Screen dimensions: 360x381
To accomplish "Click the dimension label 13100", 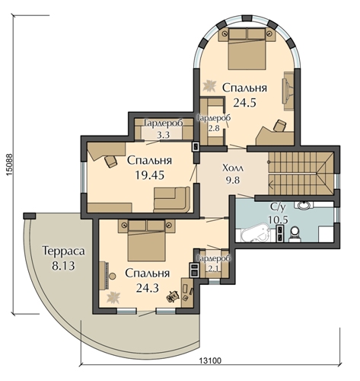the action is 210,360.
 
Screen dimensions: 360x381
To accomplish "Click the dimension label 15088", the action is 8,165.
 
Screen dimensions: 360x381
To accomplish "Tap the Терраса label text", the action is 63,251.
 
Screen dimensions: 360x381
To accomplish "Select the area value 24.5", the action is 244,103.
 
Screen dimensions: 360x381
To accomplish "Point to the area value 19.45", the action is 149,175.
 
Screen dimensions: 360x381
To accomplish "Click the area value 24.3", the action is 147,288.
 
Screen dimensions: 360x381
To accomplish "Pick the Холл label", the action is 233,168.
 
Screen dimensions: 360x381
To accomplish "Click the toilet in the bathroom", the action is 295,234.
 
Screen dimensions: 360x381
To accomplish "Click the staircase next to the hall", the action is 301,174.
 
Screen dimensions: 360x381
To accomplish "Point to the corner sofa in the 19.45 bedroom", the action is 172,200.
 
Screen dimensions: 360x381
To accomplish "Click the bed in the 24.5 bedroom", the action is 247,48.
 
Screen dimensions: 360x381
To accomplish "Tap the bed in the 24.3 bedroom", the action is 146,240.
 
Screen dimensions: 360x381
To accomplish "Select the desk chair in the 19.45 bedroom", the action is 110,162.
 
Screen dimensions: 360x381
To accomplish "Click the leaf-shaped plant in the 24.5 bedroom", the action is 209,85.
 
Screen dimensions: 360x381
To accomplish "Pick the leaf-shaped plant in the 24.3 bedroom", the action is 113,297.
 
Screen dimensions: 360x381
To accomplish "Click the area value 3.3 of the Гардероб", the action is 163,135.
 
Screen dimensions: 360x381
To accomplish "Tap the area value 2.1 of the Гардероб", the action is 214,268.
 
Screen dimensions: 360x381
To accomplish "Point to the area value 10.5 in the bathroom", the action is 278,220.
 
